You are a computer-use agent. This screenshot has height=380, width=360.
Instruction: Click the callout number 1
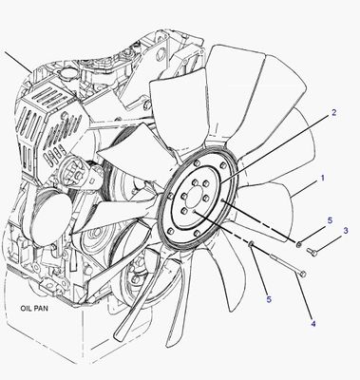coord(322,178)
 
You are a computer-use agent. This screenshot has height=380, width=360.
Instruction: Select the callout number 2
coord(333,112)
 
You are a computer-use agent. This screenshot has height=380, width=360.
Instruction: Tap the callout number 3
coord(346,231)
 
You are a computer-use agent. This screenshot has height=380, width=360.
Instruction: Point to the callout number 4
coord(313,324)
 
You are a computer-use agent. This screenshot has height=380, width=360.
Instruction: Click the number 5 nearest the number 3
coord(330,220)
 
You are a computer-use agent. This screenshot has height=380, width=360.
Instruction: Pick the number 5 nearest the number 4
coord(269,299)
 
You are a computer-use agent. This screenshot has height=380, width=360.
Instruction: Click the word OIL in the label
coord(27,308)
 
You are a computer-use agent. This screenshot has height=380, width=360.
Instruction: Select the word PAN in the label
coord(42,308)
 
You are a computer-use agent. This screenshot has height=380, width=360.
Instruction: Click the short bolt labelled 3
coord(312,252)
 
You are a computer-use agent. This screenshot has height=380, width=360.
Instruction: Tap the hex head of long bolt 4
coord(302,274)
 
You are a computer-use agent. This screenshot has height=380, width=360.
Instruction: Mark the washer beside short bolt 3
coord(298,244)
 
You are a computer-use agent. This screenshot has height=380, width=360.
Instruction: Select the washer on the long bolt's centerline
coord(251,243)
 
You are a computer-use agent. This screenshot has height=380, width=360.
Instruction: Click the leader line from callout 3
coord(329,243)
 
